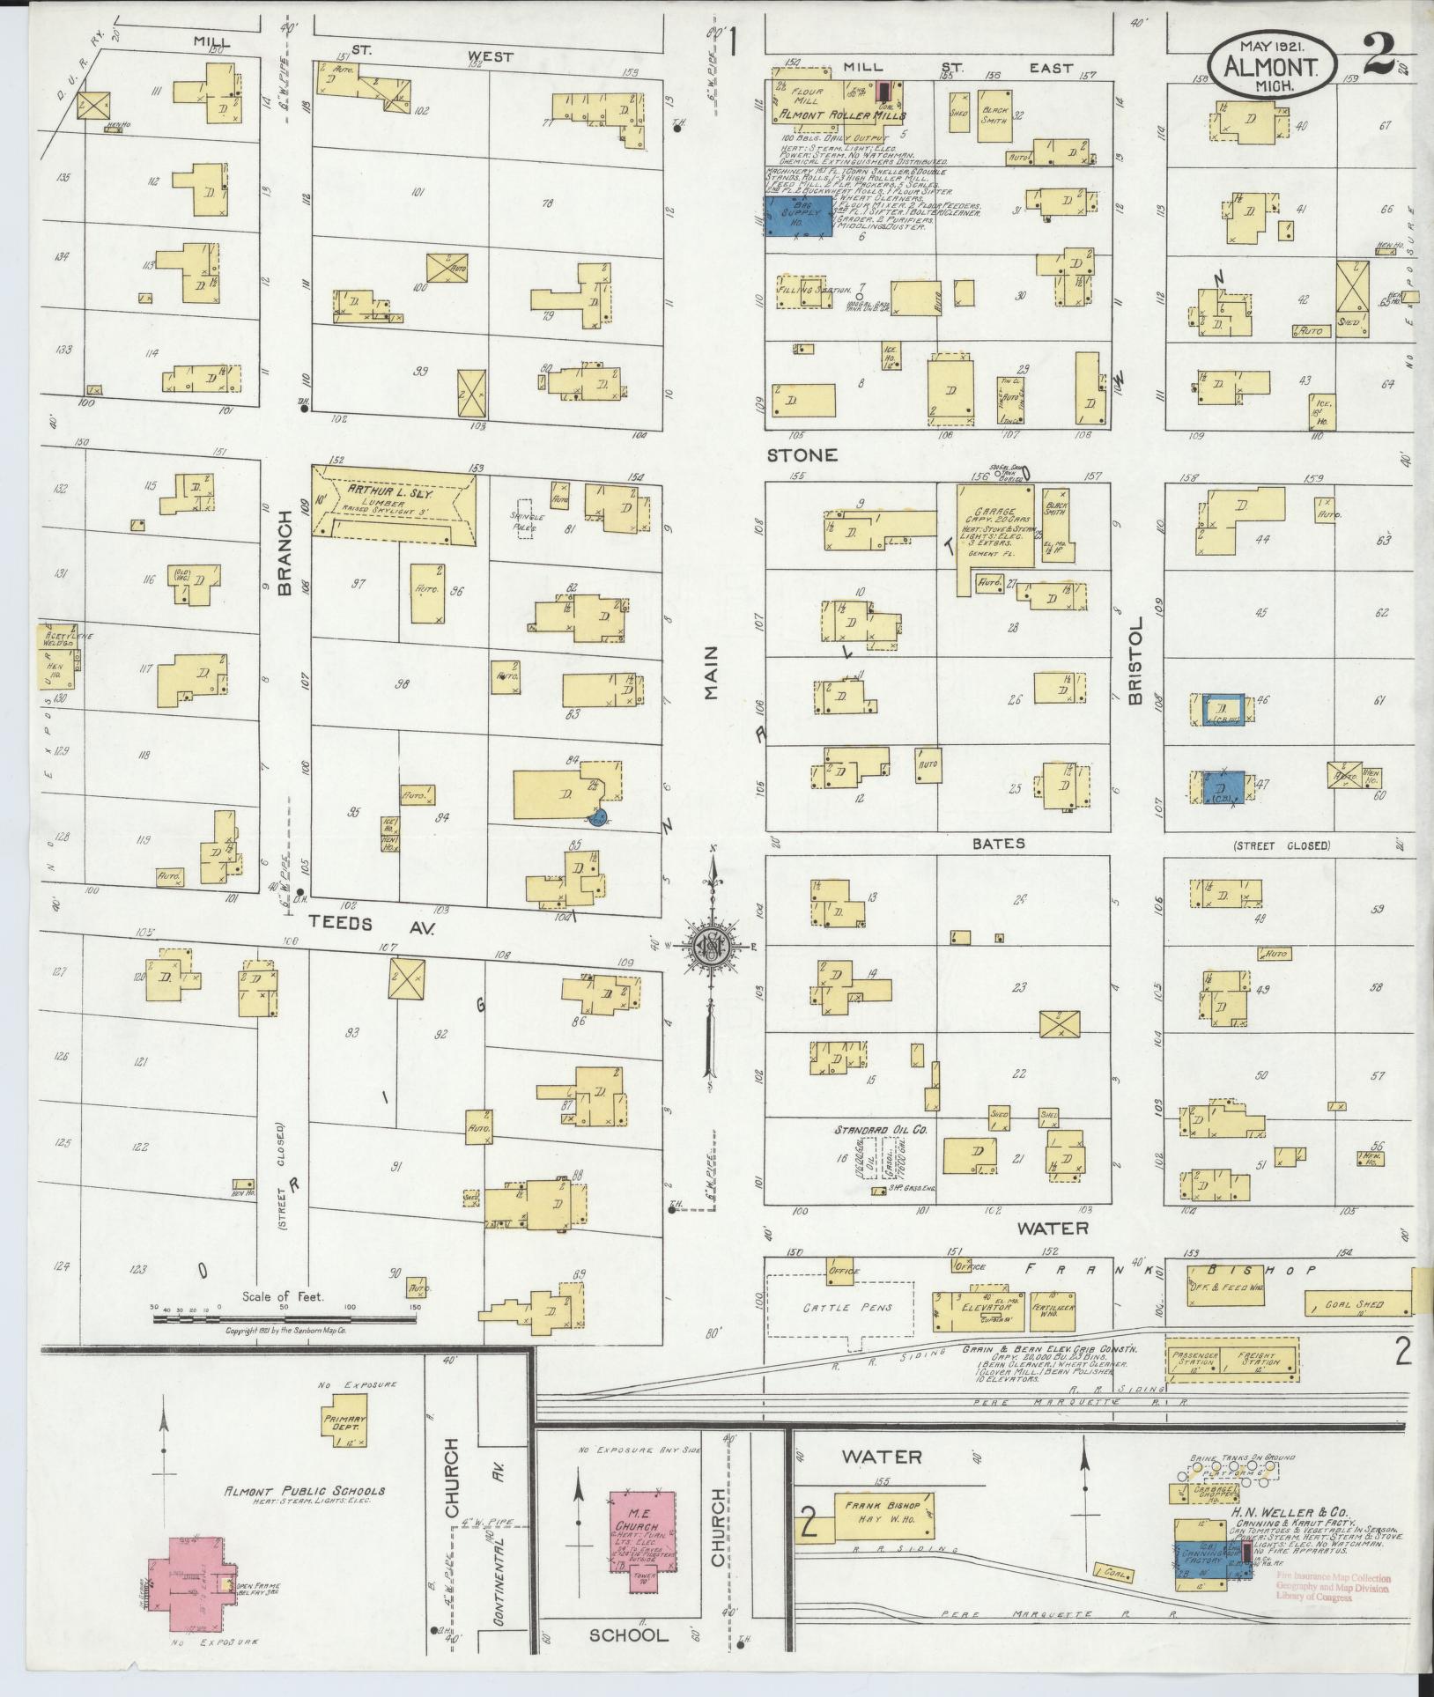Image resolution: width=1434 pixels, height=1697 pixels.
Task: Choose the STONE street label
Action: (801, 455)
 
